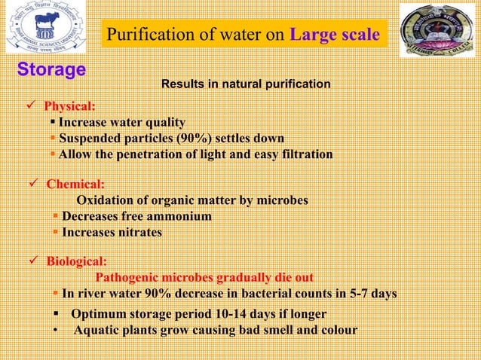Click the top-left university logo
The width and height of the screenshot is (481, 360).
tap(46, 27)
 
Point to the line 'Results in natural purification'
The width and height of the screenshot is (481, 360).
tap(246, 84)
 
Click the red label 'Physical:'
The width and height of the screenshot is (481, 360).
tap(69, 106)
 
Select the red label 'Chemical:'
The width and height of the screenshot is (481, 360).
tap(75, 184)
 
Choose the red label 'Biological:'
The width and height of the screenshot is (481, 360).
tap(76, 261)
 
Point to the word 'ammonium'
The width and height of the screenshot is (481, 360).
tap(179, 217)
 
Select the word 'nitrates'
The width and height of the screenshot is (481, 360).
tap(138, 233)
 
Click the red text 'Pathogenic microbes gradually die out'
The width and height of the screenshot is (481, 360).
tap(204, 277)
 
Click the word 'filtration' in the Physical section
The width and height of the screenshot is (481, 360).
tap(302, 154)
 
